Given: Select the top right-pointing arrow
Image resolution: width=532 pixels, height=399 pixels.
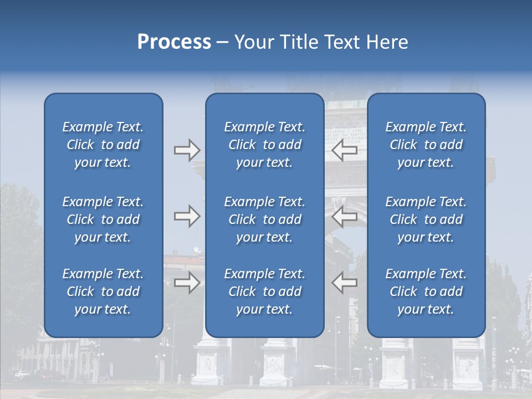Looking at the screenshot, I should click(187, 150).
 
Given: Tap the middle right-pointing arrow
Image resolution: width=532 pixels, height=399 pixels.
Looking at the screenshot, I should click(187, 216).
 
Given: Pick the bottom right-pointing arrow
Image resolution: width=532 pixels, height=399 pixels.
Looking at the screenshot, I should click(187, 283).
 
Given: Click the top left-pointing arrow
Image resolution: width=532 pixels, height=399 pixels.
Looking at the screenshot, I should click(345, 150).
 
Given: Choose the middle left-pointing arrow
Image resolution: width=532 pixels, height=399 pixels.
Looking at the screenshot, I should click(345, 216).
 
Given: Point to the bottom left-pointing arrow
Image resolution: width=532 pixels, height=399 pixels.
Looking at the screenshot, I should click(345, 283).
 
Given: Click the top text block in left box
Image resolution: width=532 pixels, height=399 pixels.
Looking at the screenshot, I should click(103, 145).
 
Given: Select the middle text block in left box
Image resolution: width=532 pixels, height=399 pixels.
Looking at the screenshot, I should click(103, 219).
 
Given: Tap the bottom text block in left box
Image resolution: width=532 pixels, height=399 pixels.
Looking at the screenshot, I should click(103, 291).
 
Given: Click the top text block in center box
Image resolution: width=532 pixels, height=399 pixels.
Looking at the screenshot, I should click(264, 145).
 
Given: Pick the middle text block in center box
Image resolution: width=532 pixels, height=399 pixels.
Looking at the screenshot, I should click(264, 219).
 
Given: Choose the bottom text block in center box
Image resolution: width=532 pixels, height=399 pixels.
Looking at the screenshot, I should click(264, 291).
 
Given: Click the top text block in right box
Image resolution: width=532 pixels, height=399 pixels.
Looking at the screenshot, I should click(426, 145).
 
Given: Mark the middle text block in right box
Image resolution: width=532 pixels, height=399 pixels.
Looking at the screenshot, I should click(426, 219).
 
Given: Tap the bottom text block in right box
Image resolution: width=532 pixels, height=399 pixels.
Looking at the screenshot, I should click(426, 291).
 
